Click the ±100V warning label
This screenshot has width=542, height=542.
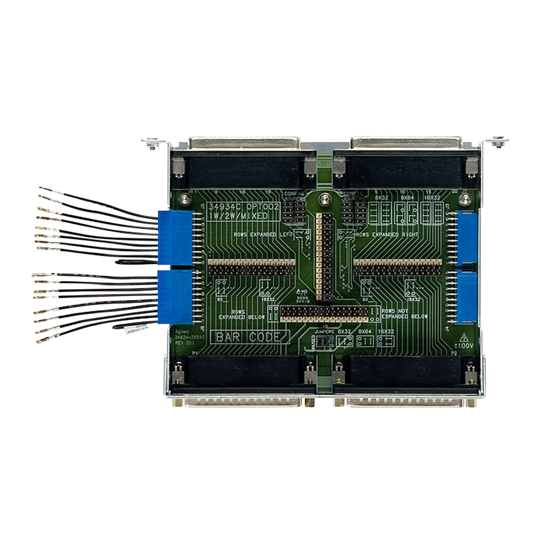pyautogui.click(x=463, y=345)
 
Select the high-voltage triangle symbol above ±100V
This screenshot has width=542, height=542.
pyautogui.click(x=463, y=337)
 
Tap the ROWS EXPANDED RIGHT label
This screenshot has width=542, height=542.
pyautogui.click(x=385, y=234)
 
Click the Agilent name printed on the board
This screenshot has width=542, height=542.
pyautogui.click(x=184, y=331)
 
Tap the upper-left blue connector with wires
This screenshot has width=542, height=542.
pyautogui.click(x=177, y=238)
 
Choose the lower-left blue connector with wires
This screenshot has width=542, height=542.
pyautogui.click(x=177, y=298)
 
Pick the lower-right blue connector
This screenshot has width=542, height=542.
pyautogui.click(x=467, y=298)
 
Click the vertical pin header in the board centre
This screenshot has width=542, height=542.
pyautogui.click(x=326, y=255)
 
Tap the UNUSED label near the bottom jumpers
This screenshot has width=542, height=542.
pyautogui.click(x=313, y=342)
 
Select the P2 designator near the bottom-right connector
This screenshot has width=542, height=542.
pyautogui.click(x=454, y=353)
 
